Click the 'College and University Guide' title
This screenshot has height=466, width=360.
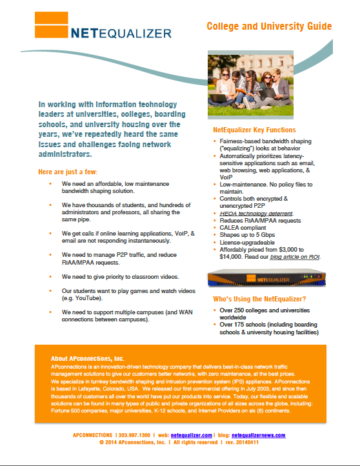[x=269, y=26]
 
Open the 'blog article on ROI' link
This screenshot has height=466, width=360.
[x=294, y=257]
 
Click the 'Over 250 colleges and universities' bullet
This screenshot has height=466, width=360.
[x=264, y=310]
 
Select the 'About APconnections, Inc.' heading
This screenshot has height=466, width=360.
[x=88, y=358]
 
